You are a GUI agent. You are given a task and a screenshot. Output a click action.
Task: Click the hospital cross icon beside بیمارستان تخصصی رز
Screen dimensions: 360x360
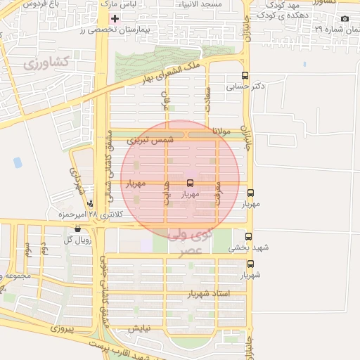[115, 18]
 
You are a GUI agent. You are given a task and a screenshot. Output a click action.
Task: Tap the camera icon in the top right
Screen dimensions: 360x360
[345, 18]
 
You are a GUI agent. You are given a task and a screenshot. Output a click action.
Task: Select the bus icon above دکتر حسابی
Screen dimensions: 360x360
[245, 75]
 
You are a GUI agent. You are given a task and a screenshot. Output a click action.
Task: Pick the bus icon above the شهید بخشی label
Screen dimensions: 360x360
[248, 237]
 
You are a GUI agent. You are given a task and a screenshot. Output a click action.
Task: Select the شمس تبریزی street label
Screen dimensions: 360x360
[149, 141]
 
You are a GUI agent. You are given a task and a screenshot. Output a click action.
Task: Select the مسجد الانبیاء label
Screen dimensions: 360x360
[221, 4]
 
